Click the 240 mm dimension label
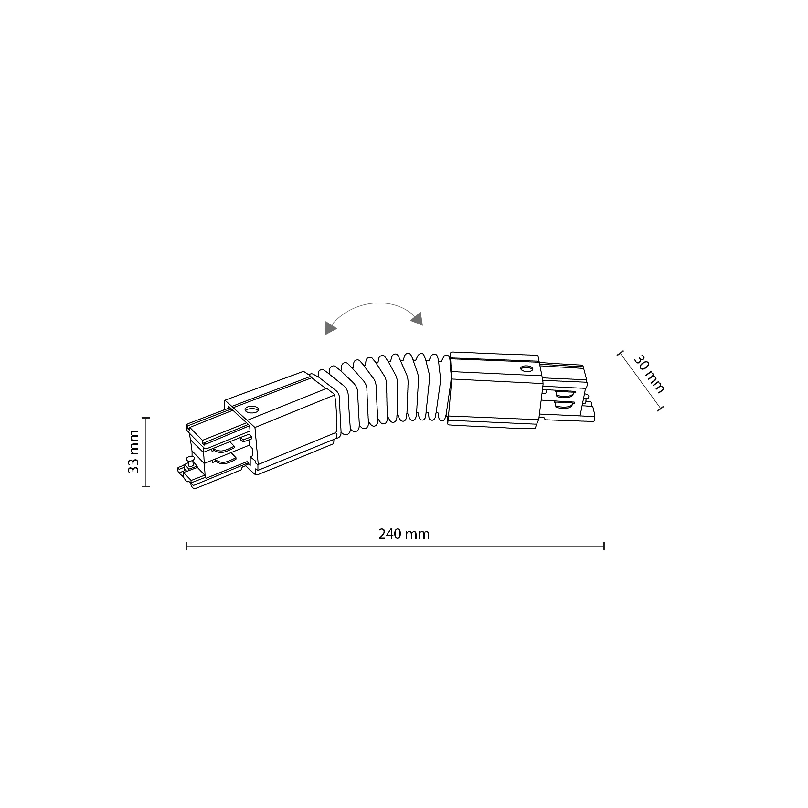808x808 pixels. (404, 534)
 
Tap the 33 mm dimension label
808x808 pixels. (133, 452)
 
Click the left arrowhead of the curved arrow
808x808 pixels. (330, 328)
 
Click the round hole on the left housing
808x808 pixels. (251, 409)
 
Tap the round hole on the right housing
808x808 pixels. (526, 369)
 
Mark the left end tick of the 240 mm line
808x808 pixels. (186, 546)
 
